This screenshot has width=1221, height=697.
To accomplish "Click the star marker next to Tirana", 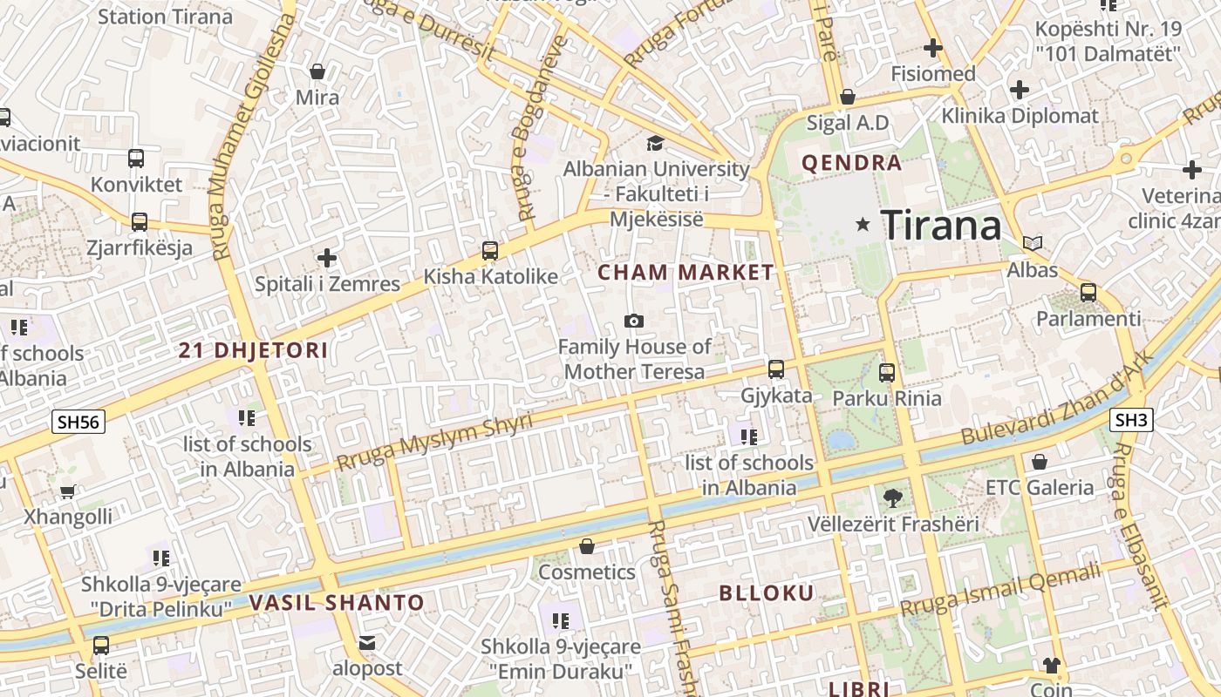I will pyautogui.click(x=863, y=225).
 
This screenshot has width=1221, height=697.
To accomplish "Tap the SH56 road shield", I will pyautogui.click(x=78, y=423).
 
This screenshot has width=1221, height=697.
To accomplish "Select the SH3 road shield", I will pyautogui.click(x=1131, y=421).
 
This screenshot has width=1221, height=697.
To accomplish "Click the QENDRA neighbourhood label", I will pyautogui.click(x=851, y=163).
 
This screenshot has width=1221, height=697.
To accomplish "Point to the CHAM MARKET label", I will pyautogui.click(x=686, y=273).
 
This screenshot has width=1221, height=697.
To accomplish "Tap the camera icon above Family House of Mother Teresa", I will pyautogui.click(x=634, y=321).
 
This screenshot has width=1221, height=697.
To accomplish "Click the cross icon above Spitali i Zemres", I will pyautogui.click(x=327, y=258).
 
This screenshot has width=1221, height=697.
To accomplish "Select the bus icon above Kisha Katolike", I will pyautogui.click(x=490, y=251).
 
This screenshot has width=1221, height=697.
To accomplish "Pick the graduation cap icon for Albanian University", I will pyautogui.click(x=655, y=143).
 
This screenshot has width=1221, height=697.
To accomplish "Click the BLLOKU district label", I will pyautogui.click(x=767, y=593).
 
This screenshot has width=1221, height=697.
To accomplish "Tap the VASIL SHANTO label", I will pyautogui.click(x=337, y=602).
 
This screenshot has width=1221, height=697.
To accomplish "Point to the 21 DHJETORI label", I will pyautogui.click(x=253, y=351).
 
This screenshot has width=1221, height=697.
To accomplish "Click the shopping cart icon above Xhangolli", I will pyautogui.click(x=68, y=491).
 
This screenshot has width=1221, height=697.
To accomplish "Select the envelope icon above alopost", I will pyautogui.click(x=367, y=643).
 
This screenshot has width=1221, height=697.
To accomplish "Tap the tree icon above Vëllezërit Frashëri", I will pyautogui.click(x=892, y=498).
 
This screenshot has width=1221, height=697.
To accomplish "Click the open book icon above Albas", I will pyautogui.click(x=1033, y=243).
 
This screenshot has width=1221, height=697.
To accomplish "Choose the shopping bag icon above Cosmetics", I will pyautogui.click(x=587, y=546).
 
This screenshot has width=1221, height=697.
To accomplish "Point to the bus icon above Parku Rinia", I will pyautogui.click(x=887, y=373).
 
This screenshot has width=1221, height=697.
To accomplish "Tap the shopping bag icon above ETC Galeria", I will pyautogui.click(x=1039, y=461).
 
